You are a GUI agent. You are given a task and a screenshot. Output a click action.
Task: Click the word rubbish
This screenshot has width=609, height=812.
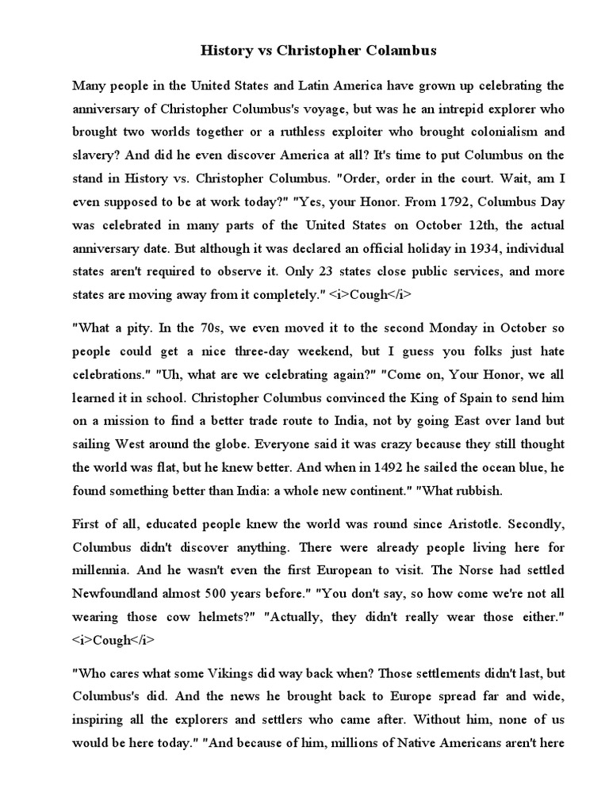[x=477, y=490]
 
